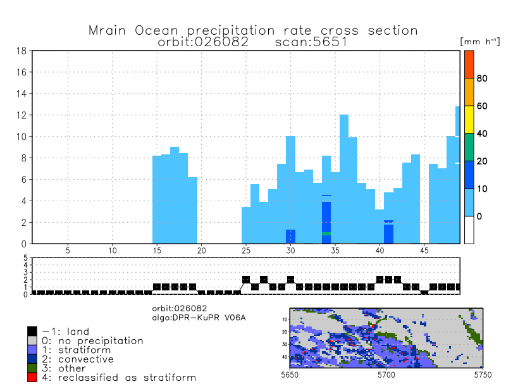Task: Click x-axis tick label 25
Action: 246,251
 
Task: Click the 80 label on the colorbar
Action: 482,78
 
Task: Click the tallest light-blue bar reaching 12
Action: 344,177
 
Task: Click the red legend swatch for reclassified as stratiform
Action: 32,378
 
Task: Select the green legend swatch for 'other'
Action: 32,368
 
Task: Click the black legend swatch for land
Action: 32,331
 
